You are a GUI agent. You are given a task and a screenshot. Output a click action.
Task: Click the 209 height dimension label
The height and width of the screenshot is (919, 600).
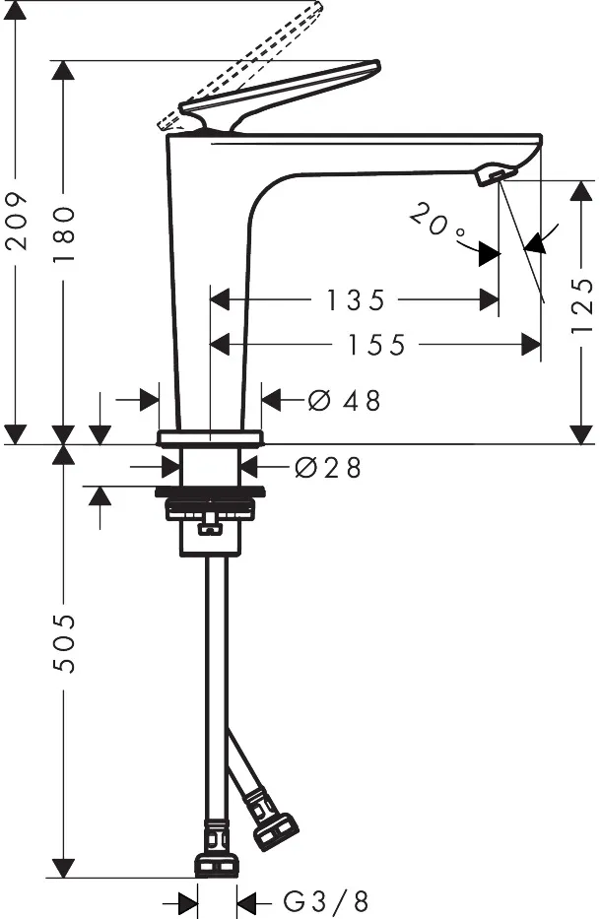17,221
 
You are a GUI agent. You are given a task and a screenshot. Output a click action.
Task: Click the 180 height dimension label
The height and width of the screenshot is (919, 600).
64,233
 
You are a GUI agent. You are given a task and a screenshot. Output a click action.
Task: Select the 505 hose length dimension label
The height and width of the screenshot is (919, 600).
64,643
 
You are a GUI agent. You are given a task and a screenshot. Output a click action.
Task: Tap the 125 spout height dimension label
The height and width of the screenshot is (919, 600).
582,305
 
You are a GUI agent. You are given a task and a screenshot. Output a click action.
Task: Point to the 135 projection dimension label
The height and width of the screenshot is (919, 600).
356,300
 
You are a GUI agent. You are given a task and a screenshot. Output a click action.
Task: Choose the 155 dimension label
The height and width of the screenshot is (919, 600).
376,345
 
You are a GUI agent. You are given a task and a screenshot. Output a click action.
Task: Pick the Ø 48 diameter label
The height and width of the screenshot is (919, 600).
344,401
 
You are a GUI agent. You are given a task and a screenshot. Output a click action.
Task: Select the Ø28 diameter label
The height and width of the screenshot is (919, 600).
328,468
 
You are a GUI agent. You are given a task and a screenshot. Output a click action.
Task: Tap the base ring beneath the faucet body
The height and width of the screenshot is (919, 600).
210,437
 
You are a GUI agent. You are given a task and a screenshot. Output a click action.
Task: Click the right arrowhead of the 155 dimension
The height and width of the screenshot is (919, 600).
531,345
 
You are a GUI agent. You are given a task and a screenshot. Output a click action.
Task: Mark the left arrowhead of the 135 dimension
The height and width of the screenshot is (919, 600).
219,300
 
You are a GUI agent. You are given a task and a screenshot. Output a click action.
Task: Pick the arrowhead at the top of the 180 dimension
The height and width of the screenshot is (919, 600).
63,71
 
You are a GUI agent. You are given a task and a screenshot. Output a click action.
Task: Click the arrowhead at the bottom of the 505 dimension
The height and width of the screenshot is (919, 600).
63,868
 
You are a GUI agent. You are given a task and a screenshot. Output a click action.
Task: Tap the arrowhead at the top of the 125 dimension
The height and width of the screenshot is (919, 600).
581,192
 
